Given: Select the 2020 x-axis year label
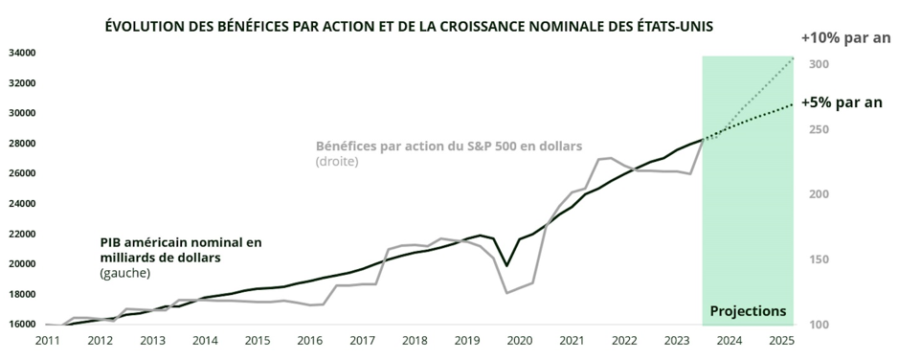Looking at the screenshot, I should (519, 341).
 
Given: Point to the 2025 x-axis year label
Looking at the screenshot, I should (781, 341).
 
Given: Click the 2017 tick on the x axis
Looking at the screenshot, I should (361, 341).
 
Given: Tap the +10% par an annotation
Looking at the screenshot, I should (845, 38).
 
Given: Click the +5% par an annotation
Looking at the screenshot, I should (841, 102).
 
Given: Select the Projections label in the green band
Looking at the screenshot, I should (748, 311).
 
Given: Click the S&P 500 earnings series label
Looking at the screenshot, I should (449, 146).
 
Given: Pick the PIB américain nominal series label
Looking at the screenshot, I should (180, 251).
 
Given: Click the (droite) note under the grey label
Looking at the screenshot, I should (337, 162).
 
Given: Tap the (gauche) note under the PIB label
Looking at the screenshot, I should (123, 274).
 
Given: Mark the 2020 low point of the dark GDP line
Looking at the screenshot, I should (506, 266).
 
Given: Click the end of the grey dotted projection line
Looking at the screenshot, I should (793, 59).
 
